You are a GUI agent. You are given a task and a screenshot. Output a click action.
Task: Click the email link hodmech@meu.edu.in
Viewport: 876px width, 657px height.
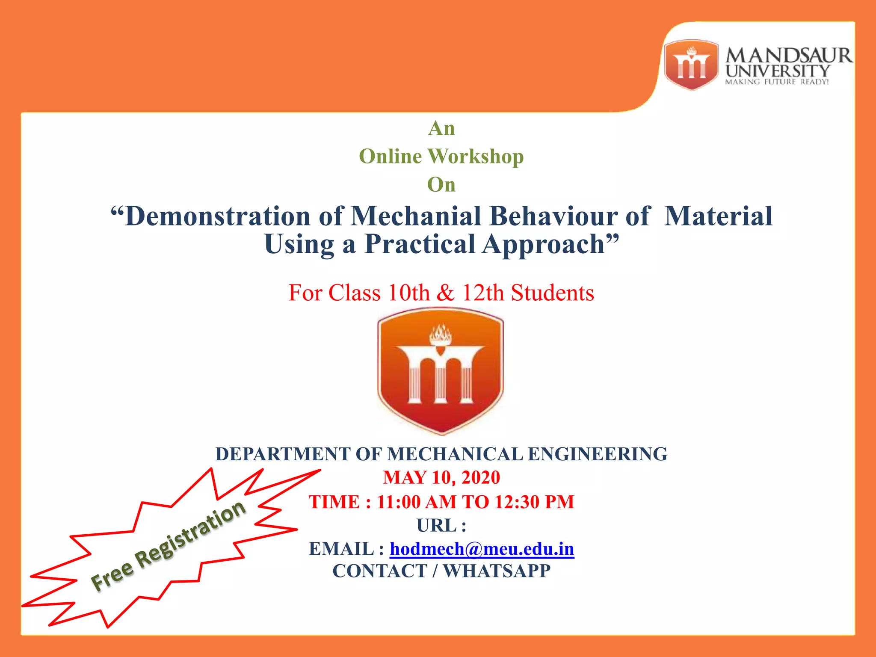tap(482, 549)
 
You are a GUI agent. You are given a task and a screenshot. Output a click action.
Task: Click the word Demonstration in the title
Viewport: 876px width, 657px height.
tap(217, 216)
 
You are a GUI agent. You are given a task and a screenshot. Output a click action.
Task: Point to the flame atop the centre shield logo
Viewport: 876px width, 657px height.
tap(441, 334)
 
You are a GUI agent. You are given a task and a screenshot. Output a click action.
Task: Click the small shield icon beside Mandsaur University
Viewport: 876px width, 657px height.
tap(691, 65)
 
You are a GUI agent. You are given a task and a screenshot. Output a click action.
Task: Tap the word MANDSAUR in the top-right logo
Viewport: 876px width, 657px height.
tap(789, 56)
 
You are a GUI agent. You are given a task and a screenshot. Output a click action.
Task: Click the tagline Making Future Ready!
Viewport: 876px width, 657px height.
tap(777, 82)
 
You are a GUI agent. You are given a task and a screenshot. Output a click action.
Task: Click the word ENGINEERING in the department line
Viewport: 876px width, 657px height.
tap(598, 454)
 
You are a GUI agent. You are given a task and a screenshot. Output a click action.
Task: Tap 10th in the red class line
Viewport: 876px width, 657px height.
tap(408, 293)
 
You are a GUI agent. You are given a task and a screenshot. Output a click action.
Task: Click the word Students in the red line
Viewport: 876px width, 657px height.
tap(552, 293)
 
